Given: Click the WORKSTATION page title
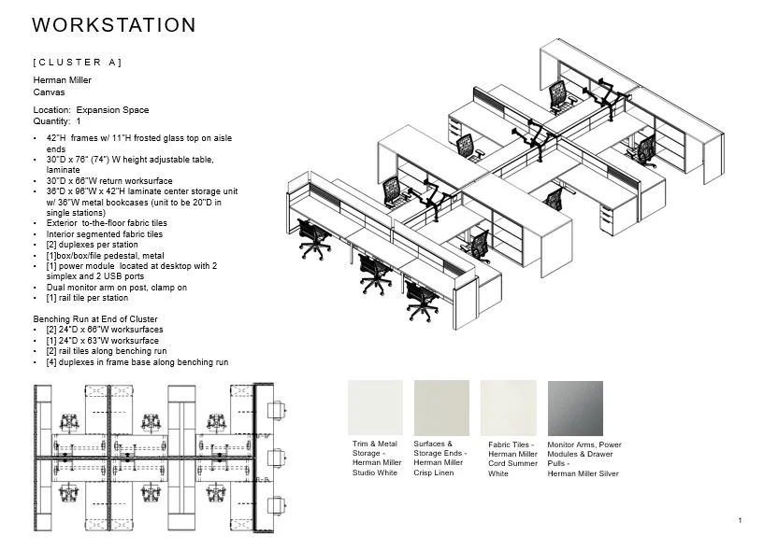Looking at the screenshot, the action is click(x=113, y=26).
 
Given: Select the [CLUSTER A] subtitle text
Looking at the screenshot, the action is click(x=77, y=63).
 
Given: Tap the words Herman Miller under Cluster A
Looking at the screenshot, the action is click(x=62, y=81).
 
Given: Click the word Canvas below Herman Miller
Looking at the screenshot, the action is click(x=49, y=92).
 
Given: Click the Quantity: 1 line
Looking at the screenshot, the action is click(x=57, y=121).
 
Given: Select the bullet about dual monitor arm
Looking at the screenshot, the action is click(x=116, y=289).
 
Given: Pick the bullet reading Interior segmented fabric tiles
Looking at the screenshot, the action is click(x=104, y=234).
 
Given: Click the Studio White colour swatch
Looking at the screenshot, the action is click(x=375, y=407).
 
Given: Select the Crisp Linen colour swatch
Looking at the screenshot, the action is click(x=441, y=407).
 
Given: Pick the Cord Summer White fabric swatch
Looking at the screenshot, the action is click(x=509, y=407).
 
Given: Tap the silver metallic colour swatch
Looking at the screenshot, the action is click(x=575, y=407).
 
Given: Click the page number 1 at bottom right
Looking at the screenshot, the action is click(x=739, y=520).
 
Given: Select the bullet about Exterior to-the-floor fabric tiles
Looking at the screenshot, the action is click(x=106, y=224).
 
